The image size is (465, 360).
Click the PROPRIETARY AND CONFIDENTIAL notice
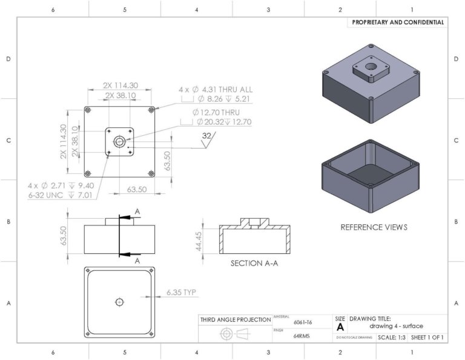(398, 22)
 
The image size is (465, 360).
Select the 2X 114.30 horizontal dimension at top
(120, 85)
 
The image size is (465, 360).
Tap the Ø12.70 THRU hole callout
(216, 113)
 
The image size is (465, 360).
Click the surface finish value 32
(206, 136)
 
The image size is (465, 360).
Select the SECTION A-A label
(254, 264)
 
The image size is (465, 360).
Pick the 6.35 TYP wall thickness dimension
(181, 293)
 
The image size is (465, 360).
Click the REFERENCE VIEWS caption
(374, 227)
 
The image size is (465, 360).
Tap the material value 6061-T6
(302, 323)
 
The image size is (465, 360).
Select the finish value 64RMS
(302, 336)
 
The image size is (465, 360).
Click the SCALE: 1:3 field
(391, 337)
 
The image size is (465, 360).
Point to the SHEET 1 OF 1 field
(427, 337)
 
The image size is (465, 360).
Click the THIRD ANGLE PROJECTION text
(236, 319)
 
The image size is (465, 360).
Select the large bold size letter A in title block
(340, 326)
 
